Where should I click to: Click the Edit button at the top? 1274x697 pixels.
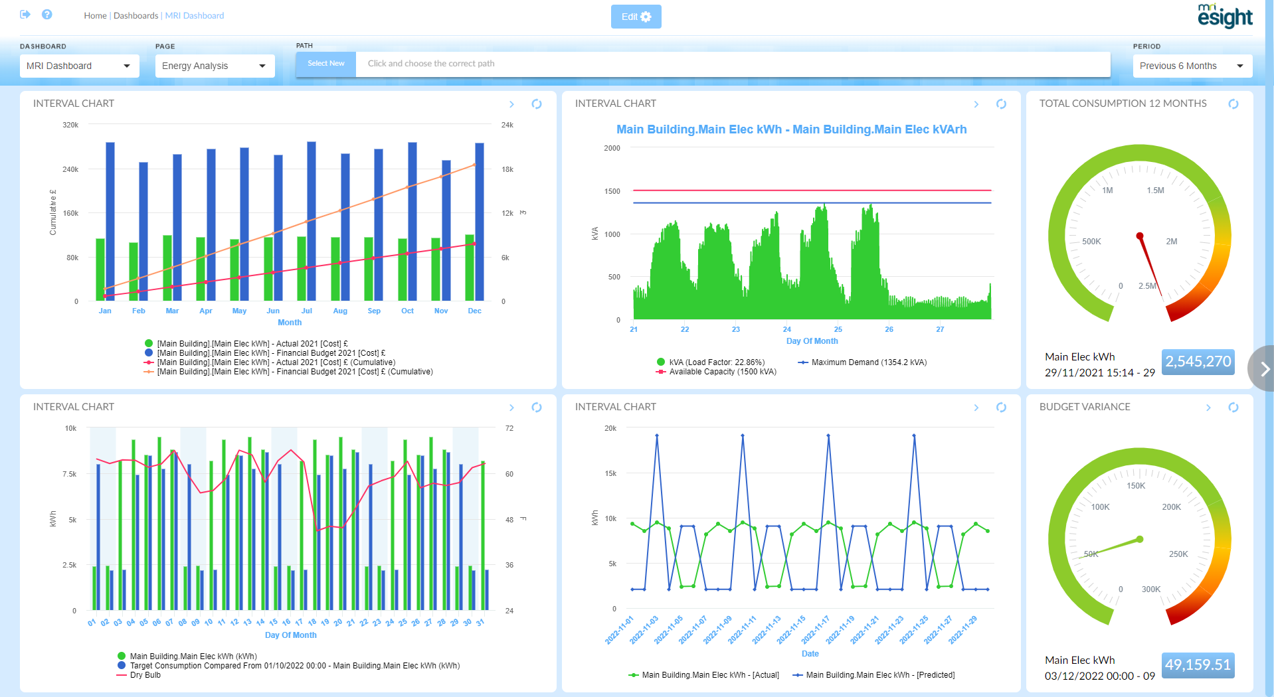tap(636, 17)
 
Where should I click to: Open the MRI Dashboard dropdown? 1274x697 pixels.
tap(79, 66)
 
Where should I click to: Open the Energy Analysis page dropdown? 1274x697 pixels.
tap(215, 66)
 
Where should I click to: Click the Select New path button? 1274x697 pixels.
tap(325, 64)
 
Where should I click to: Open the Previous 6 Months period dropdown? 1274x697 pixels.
tap(1192, 66)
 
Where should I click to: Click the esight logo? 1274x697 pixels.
tap(1225, 17)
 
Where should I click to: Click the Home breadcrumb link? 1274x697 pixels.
tap(95, 15)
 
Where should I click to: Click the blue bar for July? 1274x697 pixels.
tap(312, 221)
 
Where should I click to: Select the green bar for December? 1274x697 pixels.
tap(470, 268)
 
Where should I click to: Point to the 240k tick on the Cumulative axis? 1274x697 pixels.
tap(70, 169)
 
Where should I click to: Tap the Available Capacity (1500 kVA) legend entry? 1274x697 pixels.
tap(722, 372)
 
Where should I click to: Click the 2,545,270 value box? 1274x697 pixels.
tap(1198, 362)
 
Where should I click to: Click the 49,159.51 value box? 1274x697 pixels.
tap(1198, 665)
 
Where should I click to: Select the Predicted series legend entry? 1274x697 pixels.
tap(879, 675)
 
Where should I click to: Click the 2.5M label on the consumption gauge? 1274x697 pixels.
tap(1147, 286)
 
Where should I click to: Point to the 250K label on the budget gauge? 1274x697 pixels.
tap(1178, 554)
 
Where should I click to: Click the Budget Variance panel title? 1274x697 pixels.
tap(1085, 407)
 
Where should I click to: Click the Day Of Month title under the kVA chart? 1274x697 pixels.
tap(812, 341)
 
